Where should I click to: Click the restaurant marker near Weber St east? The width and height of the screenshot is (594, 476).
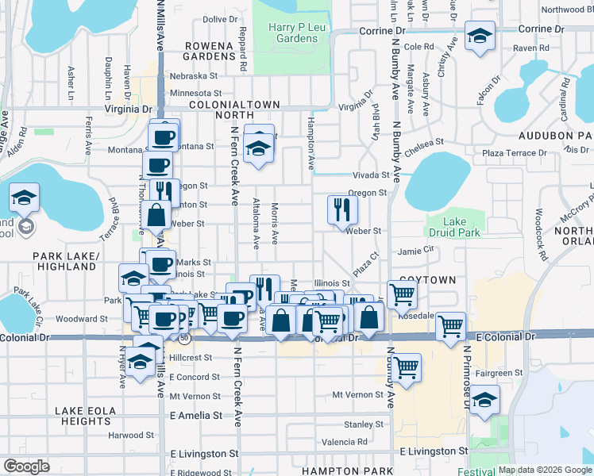tap(343, 209)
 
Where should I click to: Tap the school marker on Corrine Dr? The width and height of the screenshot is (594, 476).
tap(480, 37)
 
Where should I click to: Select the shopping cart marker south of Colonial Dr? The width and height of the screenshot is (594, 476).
tap(406, 367)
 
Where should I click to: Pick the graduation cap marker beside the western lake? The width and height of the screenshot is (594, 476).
tap(25, 198)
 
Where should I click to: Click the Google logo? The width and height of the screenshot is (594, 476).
tap(26, 466)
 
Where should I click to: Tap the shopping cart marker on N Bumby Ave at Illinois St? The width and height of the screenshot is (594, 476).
tap(403, 294)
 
